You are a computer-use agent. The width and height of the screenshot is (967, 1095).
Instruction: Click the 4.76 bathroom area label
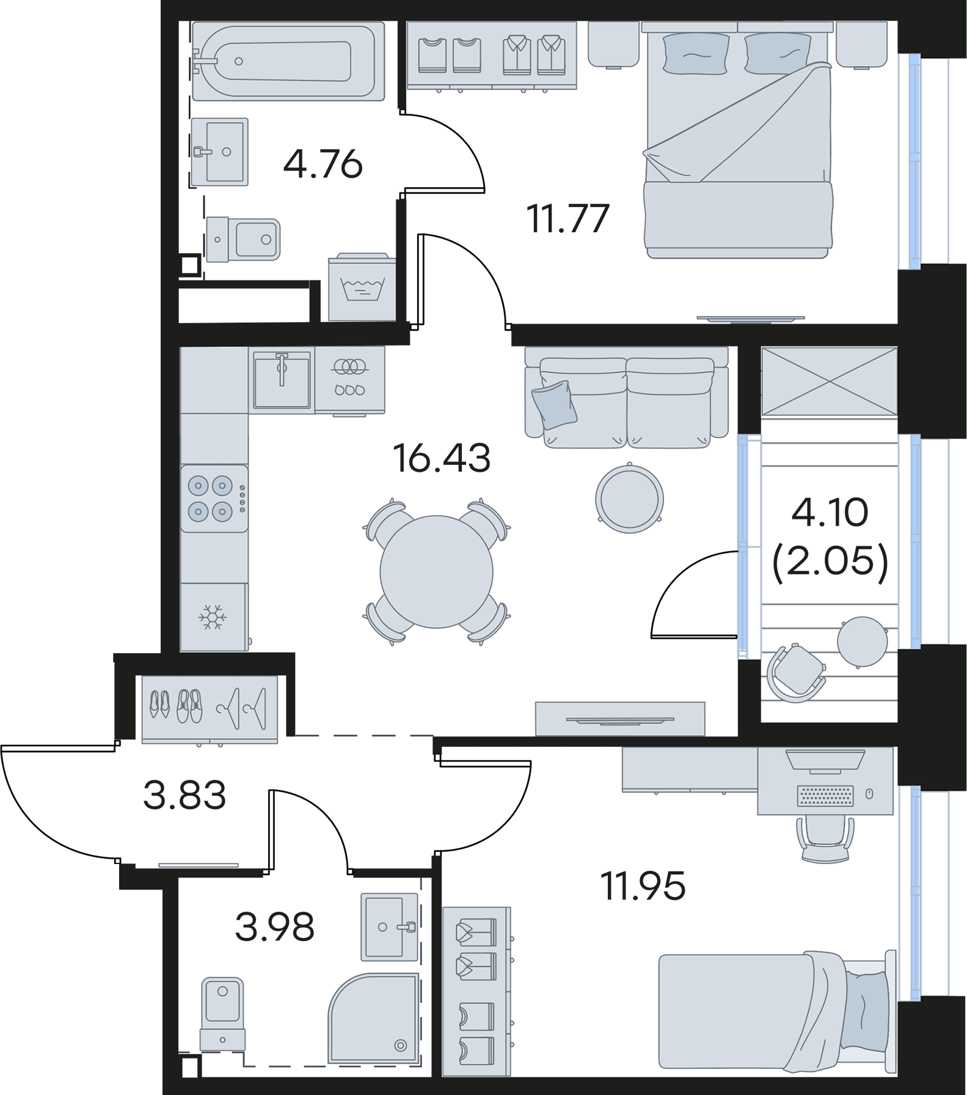[x=323, y=164]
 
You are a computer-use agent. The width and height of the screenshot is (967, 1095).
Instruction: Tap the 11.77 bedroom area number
[x=568, y=218]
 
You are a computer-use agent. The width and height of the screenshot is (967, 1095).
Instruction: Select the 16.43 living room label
[x=442, y=458]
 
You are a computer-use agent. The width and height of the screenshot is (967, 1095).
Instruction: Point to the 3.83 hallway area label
[x=184, y=795]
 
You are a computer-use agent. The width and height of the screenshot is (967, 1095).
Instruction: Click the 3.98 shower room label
[x=274, y=926]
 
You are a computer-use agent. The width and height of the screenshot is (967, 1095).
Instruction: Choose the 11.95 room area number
[x=643, y=885]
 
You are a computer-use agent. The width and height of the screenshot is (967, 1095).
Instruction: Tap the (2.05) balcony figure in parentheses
[x=830, y=561]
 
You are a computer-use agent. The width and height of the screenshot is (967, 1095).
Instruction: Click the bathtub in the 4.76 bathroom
[x=288, y=61]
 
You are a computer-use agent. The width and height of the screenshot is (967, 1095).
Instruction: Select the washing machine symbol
[x=362, y=287]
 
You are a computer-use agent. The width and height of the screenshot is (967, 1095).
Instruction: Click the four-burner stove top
[x=214, y=498]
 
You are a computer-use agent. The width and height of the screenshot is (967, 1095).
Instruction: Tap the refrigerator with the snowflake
[x=214, y=617]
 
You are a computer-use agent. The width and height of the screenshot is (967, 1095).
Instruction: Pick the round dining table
[x=436, y=572]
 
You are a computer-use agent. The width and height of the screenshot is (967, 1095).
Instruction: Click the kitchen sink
[x=282, y=380]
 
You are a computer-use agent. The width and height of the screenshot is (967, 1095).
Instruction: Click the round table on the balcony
[x=862, y=641]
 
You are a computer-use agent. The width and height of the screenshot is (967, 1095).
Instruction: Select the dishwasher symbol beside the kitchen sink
[x=349, y=380]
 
